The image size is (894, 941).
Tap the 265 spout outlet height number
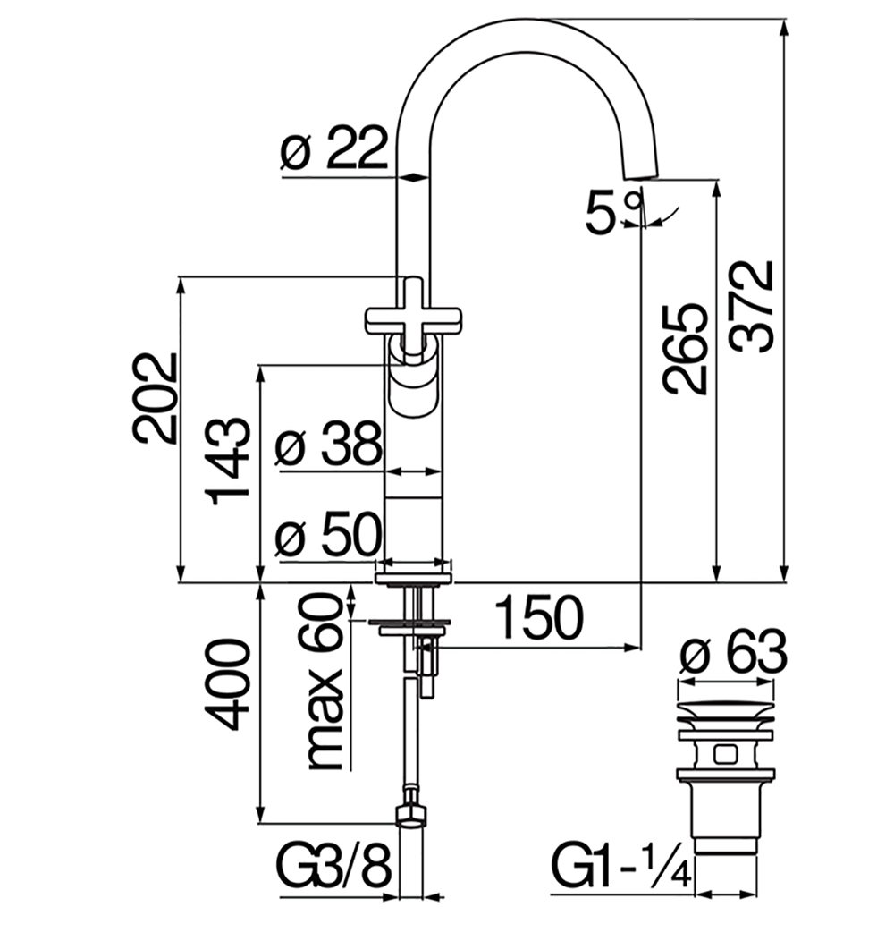(x=685, y=349)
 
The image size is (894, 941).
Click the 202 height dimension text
(x=156, y=397)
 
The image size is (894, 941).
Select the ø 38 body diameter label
(x=328, y=444)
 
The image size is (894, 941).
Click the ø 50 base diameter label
(x=328, y=534)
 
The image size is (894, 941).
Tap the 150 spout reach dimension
(x=539, y=617)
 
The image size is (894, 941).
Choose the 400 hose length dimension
(x=227, y=684)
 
